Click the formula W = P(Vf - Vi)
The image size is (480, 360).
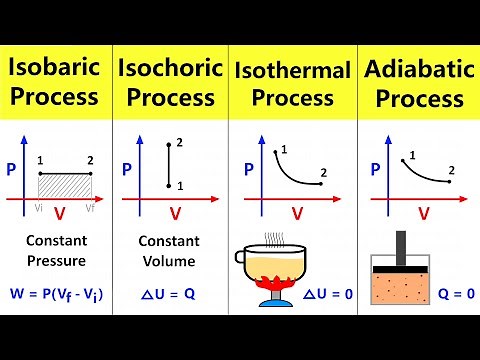tap(57, 295)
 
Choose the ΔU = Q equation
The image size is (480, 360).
tap(170, 295)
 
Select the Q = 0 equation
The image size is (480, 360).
tap(447, 295)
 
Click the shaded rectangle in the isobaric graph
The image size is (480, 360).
tap(65, 185)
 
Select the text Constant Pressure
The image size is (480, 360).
tap(56, 251)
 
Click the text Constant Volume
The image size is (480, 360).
tap(170, 251)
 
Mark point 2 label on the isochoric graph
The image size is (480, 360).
tap(180, 144)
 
